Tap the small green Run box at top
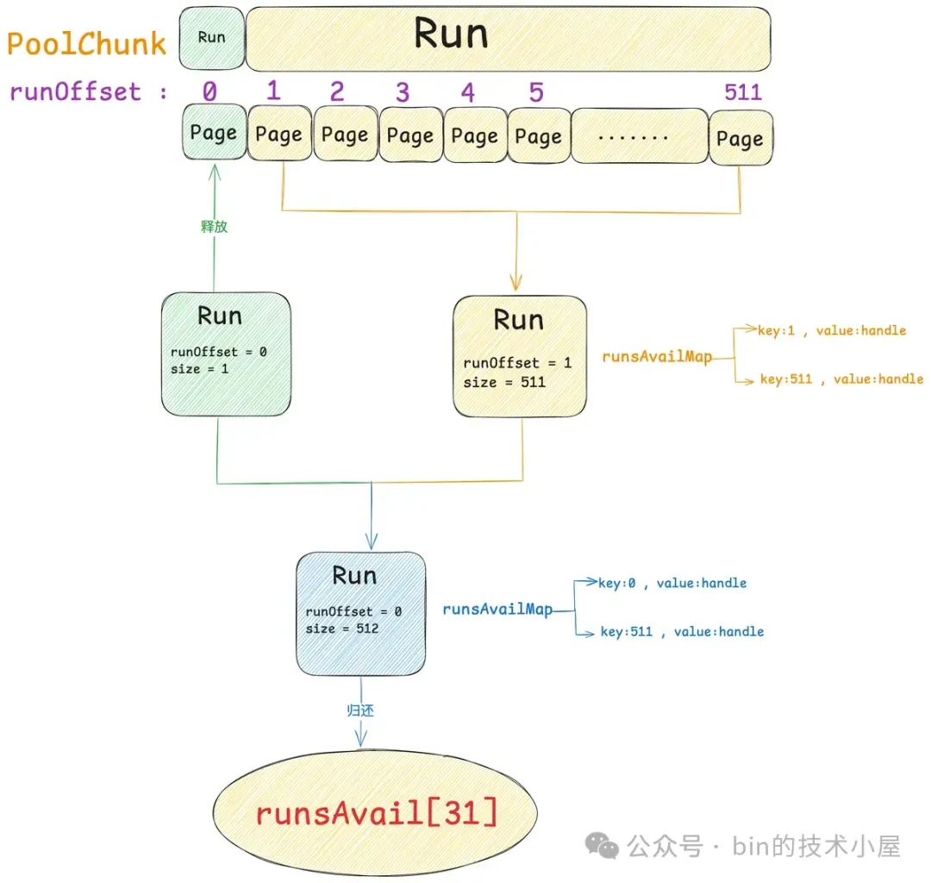click(x=212, y=38)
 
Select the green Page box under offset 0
click(x=213, y=134)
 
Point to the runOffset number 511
click(x=742, y=92)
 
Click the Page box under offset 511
click(x=740, y=138)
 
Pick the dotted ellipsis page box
click(x=639, y=136)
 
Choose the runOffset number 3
click(x=402, y=92)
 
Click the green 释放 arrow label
click(x=214, y=228)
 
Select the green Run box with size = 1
click(x=226, y=354)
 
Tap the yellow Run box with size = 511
click(x=519, y=357)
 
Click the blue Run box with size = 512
click(x=360, y=613)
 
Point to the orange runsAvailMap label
click(x=657, y=356)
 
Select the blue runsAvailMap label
click(x=497, y=609)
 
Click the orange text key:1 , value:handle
click(x=832, y=329)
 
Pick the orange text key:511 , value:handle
click(x=841, y=379)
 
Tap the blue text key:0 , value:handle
click(x=672, y=583)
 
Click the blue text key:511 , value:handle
click(x=682, y=631)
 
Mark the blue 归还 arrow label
click(x=360, y=711)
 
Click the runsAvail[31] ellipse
click(x=375, y=812)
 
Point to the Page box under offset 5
click(x=538, y=135)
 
